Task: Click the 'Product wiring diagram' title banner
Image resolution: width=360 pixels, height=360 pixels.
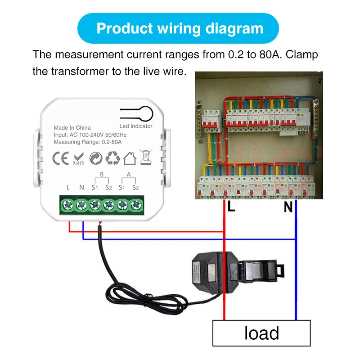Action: [180, 28]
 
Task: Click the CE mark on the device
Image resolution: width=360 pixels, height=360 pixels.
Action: [60, 158]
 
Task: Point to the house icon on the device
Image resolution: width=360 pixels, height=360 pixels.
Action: [130, 158]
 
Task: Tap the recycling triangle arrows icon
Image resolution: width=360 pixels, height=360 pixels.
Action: [112, 158]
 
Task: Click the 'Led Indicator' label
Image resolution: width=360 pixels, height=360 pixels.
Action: [136, 126]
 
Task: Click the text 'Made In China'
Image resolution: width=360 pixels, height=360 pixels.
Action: [72, 128]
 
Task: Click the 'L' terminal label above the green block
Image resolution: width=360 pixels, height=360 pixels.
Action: [67, 187]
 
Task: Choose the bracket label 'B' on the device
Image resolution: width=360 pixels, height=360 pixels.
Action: [101, 174]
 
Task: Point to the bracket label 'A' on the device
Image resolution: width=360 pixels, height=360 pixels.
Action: [129, 174]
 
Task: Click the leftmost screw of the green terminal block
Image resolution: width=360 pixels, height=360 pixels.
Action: [67, 205]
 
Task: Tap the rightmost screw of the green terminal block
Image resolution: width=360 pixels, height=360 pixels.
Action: [135, 205]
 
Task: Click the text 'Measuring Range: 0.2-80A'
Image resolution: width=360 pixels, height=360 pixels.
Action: [88, 142]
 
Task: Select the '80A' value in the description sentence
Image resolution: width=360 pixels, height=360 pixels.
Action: [270, 55]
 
